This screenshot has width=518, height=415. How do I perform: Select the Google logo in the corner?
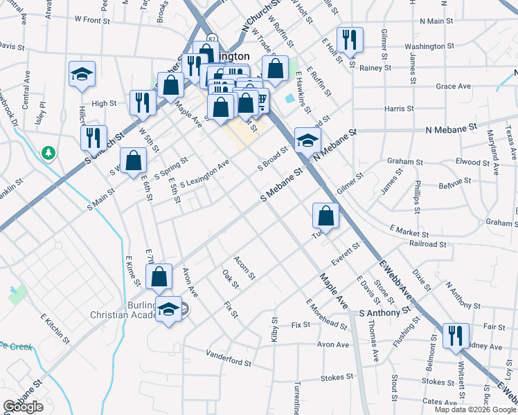pyautogui.click(x=23, y=407)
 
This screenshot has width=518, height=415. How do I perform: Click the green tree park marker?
pyautogui.click(x=49, y=151)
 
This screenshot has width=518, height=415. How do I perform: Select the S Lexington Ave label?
pyautogui.click(x=204, y=175)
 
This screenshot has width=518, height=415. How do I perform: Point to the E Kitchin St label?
pyautogui.click(x=55, y=329)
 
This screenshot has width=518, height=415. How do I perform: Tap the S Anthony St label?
pyautogui.click(x=389, y=313)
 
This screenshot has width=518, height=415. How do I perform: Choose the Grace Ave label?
pyautogui.click(x=454, y=86)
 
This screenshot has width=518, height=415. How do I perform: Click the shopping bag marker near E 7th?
pyautogui.click(x=159, y=277)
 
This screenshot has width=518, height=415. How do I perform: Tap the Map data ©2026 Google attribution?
pyautogui.click(x=475, y=409)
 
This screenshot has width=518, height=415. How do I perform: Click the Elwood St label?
pyautogui.click(x=473, y=163)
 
